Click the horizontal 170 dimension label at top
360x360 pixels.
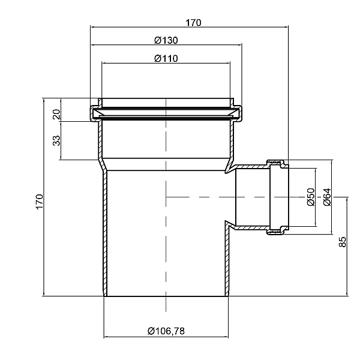[x=193, y=23]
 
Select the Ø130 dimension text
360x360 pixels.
[x=166, y=40]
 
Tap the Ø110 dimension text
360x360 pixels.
[x=166, y=58]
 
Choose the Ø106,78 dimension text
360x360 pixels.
[x=166, y=331]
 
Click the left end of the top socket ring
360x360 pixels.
[x=94, y=112]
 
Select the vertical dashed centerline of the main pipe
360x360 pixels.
[x=165, y=240]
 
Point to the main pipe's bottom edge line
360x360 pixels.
[x=166, y=296]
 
